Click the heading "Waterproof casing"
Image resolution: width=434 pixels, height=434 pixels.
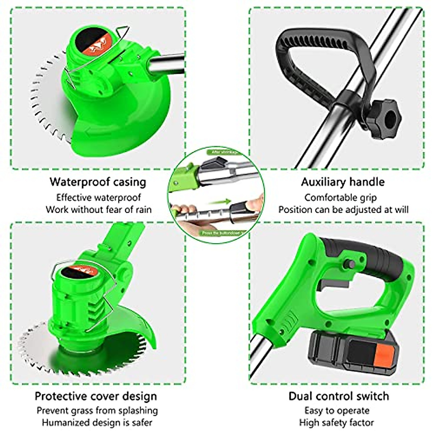point(98,182)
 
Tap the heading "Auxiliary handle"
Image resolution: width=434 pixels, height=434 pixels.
point(342,182)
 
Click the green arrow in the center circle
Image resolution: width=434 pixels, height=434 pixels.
point(221,202)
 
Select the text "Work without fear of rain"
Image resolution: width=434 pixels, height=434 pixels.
point(98,209)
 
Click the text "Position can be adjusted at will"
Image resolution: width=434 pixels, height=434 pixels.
point(343,209)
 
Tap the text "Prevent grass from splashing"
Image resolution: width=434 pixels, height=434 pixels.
point(97,410)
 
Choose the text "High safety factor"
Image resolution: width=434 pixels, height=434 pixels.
point(336,422)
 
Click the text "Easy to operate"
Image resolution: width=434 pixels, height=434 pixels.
point(337,410)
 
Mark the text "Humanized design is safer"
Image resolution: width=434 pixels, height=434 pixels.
point(97,422)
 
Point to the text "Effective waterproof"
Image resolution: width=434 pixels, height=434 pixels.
point(98,197)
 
